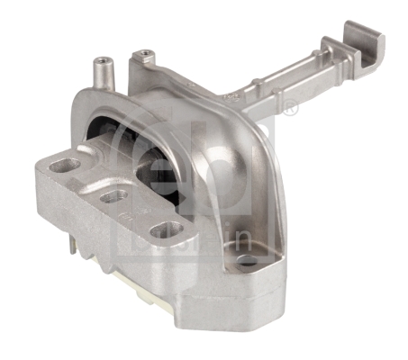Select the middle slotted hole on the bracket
[x=112, y=195]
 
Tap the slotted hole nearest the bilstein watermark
[x=165, y=231]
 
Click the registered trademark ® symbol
[x=290, y=109]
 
